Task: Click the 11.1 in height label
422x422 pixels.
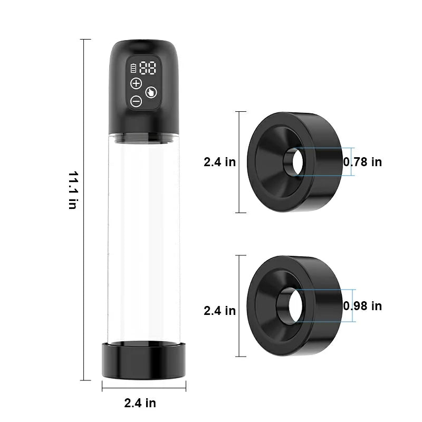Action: tap(72, 190)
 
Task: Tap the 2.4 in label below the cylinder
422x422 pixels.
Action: tap(140, 403)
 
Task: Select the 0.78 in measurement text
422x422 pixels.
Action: tap(362, 162)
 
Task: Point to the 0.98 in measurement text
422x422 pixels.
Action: tap(362, 306)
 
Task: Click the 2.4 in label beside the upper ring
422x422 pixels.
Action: tap(219, 162)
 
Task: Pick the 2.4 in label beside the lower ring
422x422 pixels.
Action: tap(219, 311)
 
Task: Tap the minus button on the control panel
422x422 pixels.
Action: tap(136, 101)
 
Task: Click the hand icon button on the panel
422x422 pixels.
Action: tap(151, 92)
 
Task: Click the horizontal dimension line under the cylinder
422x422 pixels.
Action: tap(143, 389)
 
